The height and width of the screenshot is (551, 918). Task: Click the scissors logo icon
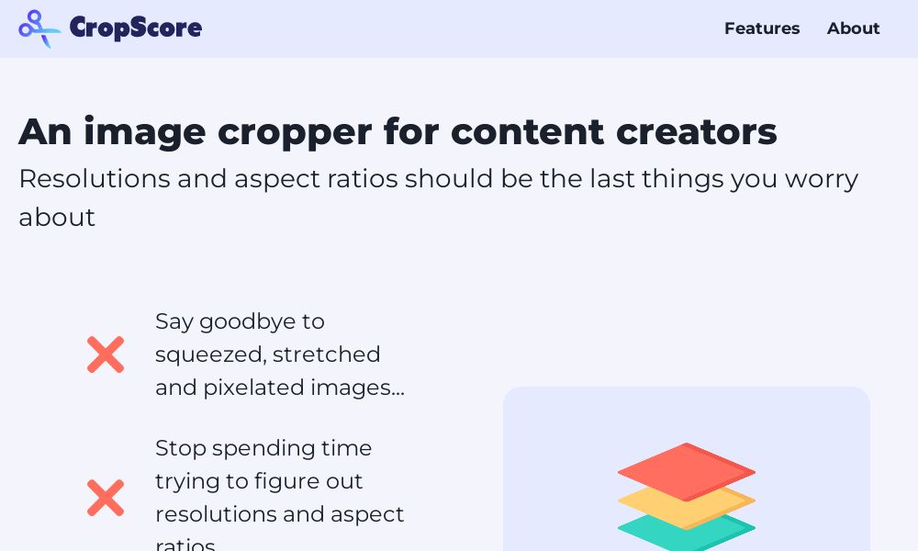(39, 28)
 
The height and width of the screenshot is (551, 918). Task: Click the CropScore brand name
(136, 28)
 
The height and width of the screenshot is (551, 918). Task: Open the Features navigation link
(762, 28)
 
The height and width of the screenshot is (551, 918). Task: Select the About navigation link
(853, 28)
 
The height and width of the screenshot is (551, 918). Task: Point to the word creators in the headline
(696, 131)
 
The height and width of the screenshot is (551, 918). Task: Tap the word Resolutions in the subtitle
(95, 178)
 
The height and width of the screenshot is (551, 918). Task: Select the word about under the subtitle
(57, 218)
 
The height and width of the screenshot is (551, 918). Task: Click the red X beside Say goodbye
(106, 354)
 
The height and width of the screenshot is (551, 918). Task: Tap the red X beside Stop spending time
(106, 498)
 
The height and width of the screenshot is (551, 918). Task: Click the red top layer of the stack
(686, 472)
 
